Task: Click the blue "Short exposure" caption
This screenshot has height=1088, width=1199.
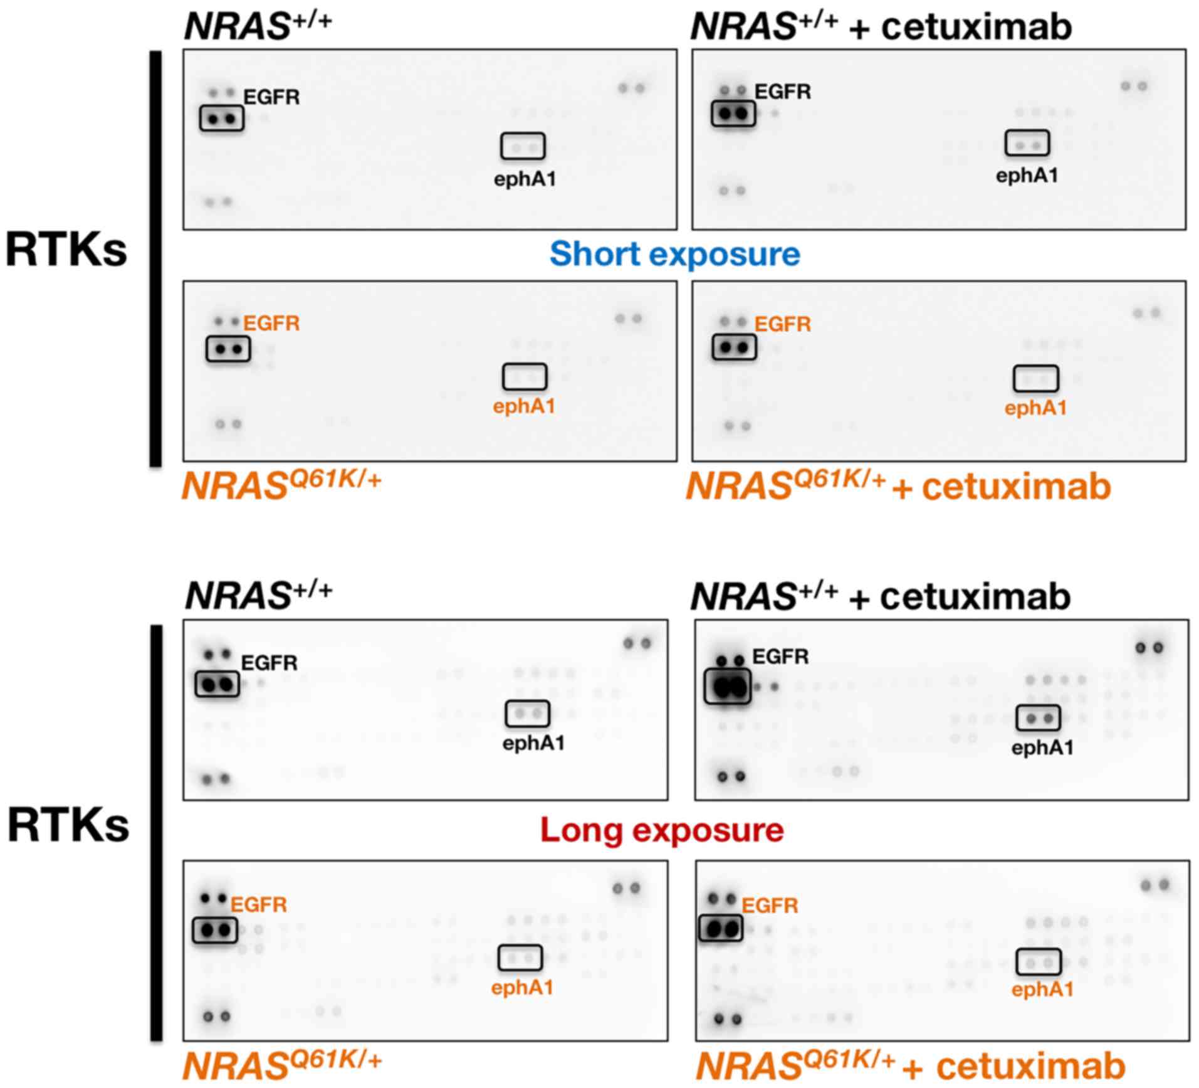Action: click(674, 254)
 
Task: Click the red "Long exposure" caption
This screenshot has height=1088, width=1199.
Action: click(662, 830)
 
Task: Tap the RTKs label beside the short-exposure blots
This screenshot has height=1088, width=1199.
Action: click(66, 250)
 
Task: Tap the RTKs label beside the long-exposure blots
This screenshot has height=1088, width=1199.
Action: click(68, 825)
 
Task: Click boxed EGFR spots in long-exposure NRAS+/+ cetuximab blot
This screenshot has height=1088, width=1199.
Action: click(727, 687)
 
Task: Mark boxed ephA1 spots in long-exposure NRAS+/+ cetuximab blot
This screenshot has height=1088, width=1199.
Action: click(1038, 718)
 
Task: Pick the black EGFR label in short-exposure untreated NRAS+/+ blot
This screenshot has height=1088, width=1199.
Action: click(271, 97)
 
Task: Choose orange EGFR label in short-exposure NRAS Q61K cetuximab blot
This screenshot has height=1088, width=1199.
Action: click(782, 324)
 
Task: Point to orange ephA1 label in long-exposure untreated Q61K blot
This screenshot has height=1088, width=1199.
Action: click(522, 988)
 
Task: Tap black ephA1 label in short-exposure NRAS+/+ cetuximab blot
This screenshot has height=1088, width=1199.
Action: click(1027, 176)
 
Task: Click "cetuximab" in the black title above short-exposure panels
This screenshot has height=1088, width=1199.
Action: click(976, 28)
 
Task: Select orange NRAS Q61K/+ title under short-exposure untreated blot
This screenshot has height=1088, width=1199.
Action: click(281, 485)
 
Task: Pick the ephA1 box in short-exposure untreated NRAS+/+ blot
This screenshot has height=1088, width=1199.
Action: click(523, 146)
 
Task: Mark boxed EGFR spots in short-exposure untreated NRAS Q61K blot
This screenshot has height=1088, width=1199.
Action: click(228, 349)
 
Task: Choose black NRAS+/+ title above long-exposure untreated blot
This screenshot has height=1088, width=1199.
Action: click(258, 594)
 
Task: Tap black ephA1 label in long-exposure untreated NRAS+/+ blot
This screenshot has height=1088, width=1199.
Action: click(533, 743)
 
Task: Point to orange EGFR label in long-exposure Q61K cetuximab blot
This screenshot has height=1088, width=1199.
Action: click(770, 906)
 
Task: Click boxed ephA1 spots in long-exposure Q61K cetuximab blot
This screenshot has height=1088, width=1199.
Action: click(1038, 962)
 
